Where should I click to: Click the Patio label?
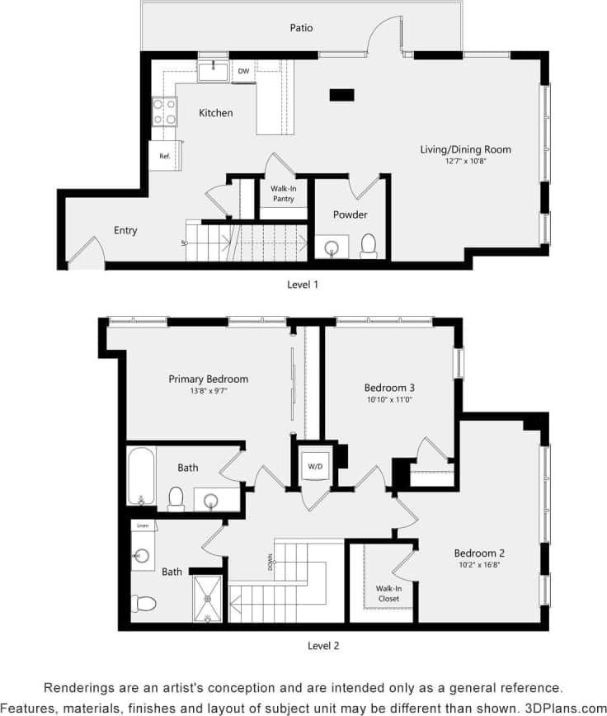(301, 27)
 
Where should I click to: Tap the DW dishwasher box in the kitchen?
(243, 71)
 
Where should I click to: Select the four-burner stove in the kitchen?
(164, 111)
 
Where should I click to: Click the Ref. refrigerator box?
(164, 155)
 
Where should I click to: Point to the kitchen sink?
(214, 69)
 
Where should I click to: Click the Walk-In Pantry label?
(283, 193)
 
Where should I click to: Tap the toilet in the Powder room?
(369, 244)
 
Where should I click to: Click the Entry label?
(125, 230)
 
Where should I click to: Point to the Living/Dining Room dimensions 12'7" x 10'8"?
(465, 161)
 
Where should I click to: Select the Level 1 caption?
(302, 284)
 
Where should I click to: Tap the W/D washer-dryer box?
(315, 466)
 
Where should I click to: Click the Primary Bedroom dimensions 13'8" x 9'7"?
(208, 391)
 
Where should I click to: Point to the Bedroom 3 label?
(389, 387)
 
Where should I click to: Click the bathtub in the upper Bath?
(141, 475)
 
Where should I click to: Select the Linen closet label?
(142, 525)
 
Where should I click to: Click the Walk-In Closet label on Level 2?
(388, 593)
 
